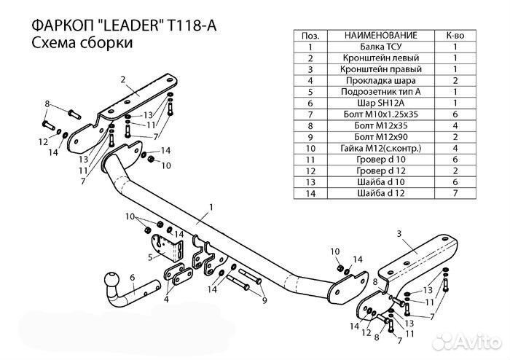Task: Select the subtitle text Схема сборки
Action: tap(82, 44)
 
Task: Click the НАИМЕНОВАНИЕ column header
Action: tap(381, 35)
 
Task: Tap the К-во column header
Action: tap(455, 35)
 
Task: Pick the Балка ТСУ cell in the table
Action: tap(381, 46)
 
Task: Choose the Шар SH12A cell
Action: tap(381, 103)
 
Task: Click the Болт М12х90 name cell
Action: tap(381, 137)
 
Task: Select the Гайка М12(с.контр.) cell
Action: tap(381, 149)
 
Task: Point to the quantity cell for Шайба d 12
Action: tap(455, 194)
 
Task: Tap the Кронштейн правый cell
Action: tap(381, 69)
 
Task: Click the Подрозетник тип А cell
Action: tap(381, 92)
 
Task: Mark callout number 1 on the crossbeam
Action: tap(211, 208)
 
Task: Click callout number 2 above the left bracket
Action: tap(123, 79)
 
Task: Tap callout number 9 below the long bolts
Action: tap(264, 300)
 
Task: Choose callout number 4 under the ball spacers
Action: tap(167, 299)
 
